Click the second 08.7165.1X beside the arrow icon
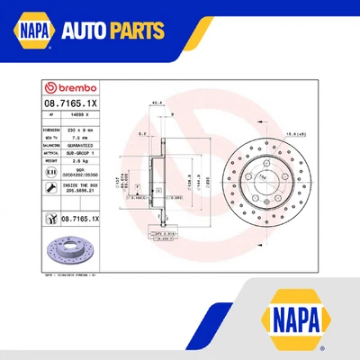click(x=82, y=218)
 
